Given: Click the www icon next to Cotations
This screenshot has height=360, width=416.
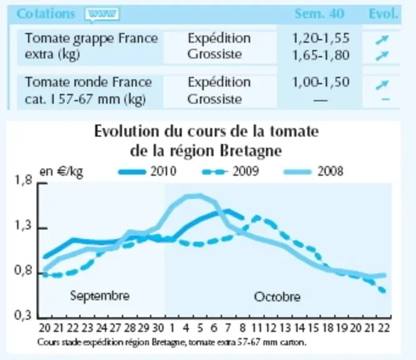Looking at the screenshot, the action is (x=102, y=14).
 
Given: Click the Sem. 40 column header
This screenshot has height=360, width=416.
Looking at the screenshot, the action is (x=319, y=14).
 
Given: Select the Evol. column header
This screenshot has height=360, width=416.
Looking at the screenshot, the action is (x=384, y=14).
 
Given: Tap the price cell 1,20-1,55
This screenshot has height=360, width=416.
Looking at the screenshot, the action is (x=320, y=38).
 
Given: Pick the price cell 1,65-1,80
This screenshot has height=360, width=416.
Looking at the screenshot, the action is (x=320, y=55).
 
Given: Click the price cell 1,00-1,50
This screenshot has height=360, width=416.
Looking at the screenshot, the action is (x=320, y=82).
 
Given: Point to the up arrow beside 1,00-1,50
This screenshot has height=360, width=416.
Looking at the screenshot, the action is (x=382, y=85).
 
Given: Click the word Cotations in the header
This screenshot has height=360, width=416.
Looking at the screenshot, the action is (x=46, y=14).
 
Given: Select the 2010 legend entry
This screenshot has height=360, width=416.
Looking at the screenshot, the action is (x=147, y=171).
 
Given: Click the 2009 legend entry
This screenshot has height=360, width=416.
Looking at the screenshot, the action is (x=230, y=171).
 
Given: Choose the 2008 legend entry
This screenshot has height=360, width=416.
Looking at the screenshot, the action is (x=314, y=171).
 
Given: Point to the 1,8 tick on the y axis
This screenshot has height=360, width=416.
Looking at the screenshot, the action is (x=23, y=181).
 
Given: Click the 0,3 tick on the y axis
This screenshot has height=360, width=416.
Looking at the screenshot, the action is (x=23, y=316).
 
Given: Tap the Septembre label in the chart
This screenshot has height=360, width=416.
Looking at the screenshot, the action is (x=100, y=296).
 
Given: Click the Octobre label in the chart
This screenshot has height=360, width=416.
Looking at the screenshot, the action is (x=277, y=297).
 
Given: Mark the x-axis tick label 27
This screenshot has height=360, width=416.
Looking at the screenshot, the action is (x=115, y=328).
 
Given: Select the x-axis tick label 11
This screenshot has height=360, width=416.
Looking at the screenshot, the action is (x=257, y=328).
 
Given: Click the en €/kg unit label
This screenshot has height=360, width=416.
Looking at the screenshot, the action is (x=61, y=172).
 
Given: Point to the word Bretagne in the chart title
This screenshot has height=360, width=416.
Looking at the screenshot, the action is (x=251, y=151).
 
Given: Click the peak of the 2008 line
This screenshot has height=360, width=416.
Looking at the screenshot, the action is (x=194, y=196).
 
